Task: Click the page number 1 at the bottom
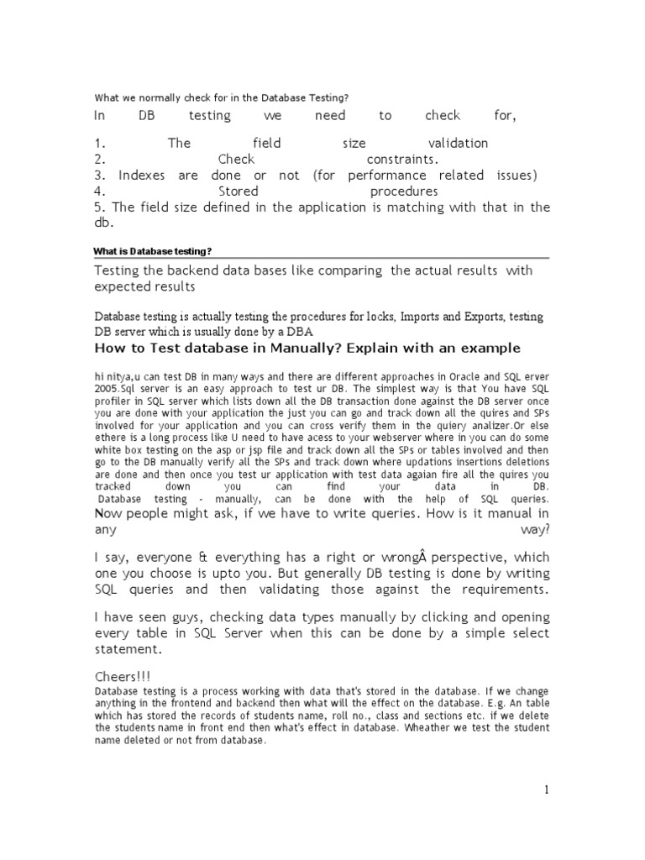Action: pos(545,789)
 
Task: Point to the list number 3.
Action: pos(99,176)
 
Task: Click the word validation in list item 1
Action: pos(457,144)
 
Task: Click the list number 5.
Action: pos(99,207)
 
